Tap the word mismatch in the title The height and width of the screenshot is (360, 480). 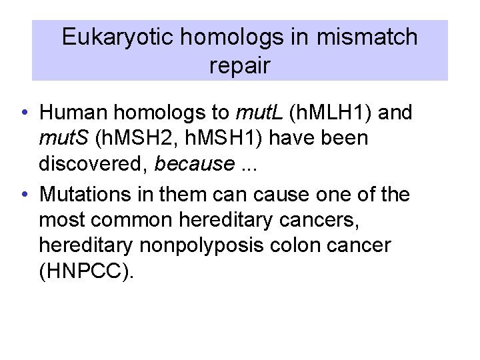point(367,37)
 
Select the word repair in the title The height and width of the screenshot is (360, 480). point(239,66)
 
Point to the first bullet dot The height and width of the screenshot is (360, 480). point(23,113)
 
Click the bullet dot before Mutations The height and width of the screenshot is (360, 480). point(23,195)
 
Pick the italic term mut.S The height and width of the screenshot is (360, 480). point(65,138)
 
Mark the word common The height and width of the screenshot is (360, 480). point(143,221)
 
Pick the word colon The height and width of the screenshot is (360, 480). point(308,246)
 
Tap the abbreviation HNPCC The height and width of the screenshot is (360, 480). point(85,271)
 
